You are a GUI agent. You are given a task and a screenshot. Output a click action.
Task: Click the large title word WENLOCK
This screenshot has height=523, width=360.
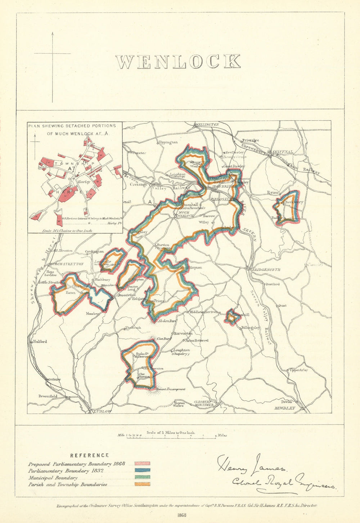click(178, 62)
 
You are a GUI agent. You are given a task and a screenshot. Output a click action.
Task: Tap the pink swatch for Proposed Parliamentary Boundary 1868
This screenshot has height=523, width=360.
click(142, 464)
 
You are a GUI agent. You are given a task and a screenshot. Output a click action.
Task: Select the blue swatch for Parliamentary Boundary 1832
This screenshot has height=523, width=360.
click(142, 470)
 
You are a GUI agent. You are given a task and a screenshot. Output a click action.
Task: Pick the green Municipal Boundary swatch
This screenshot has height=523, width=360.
click(142, 477)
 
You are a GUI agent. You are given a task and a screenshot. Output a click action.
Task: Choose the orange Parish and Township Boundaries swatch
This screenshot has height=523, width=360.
click(142, 484)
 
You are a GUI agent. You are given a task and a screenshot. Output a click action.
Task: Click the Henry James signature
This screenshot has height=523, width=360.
click(251, 464)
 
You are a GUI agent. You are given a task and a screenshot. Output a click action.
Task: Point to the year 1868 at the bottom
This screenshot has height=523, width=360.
click(181, 515)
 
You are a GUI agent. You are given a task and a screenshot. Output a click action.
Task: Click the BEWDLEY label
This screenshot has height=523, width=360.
click(284, 408)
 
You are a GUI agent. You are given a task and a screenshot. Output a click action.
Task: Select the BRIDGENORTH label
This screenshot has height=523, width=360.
click(266, 270)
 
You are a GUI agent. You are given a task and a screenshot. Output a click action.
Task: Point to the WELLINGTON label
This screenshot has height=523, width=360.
click(207, 125)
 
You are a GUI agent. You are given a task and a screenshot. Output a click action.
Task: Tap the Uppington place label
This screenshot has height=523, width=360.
click(168, 142)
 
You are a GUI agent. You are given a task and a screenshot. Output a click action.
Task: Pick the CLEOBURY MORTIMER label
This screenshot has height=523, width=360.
click(204, 403)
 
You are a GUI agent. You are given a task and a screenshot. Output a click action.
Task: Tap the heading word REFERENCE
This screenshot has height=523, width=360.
click(89, 455)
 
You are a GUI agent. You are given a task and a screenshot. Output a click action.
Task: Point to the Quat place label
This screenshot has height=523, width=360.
click(282, 306)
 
